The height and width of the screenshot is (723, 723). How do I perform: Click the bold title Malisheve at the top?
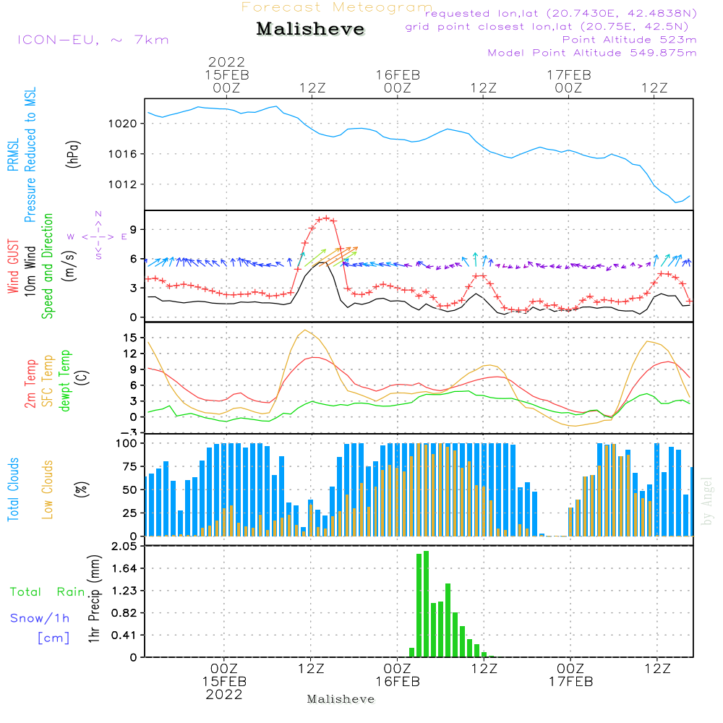click(x=310, y=29)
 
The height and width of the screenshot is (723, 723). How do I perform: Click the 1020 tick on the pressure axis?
click(x=123, y=124)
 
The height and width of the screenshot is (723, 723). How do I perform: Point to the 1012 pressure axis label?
click(x=123, y=184)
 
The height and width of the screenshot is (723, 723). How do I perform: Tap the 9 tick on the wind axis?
click(x=133, y=230)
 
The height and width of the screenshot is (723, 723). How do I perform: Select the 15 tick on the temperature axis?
click(x=130, y=338)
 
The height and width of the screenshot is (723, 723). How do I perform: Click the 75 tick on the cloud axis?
click(x=130, y=466)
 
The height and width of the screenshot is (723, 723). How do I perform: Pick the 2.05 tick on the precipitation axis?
click(x=124, y=547)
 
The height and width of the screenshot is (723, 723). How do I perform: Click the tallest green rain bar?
click(x=426, y=604)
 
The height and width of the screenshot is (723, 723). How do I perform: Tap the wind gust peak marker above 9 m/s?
click(x=327, y=218)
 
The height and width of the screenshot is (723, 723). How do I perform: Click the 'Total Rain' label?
click(x=48, y=592)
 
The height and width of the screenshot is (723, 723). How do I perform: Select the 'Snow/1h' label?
click(x=40, y=618)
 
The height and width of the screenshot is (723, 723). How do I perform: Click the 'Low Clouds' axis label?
click(x=47, y=489)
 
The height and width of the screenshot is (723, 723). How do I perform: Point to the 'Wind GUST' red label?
click(x=13, y=266)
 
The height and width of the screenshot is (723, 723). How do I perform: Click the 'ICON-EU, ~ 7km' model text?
click(x=93, y=40)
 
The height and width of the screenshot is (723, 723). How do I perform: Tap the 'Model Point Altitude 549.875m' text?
click(x=592, y=53)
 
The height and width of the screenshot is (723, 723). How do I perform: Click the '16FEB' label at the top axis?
click(x=398, y=75)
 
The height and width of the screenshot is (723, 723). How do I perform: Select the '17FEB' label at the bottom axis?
click(x=570, y=682)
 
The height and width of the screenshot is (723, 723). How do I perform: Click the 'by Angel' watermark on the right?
click(x=707, y=501)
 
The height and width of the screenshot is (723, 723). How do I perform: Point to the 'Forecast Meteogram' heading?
click(x=337, y=7)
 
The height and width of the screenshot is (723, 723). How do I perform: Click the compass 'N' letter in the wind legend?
click(x=98, y=214)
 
